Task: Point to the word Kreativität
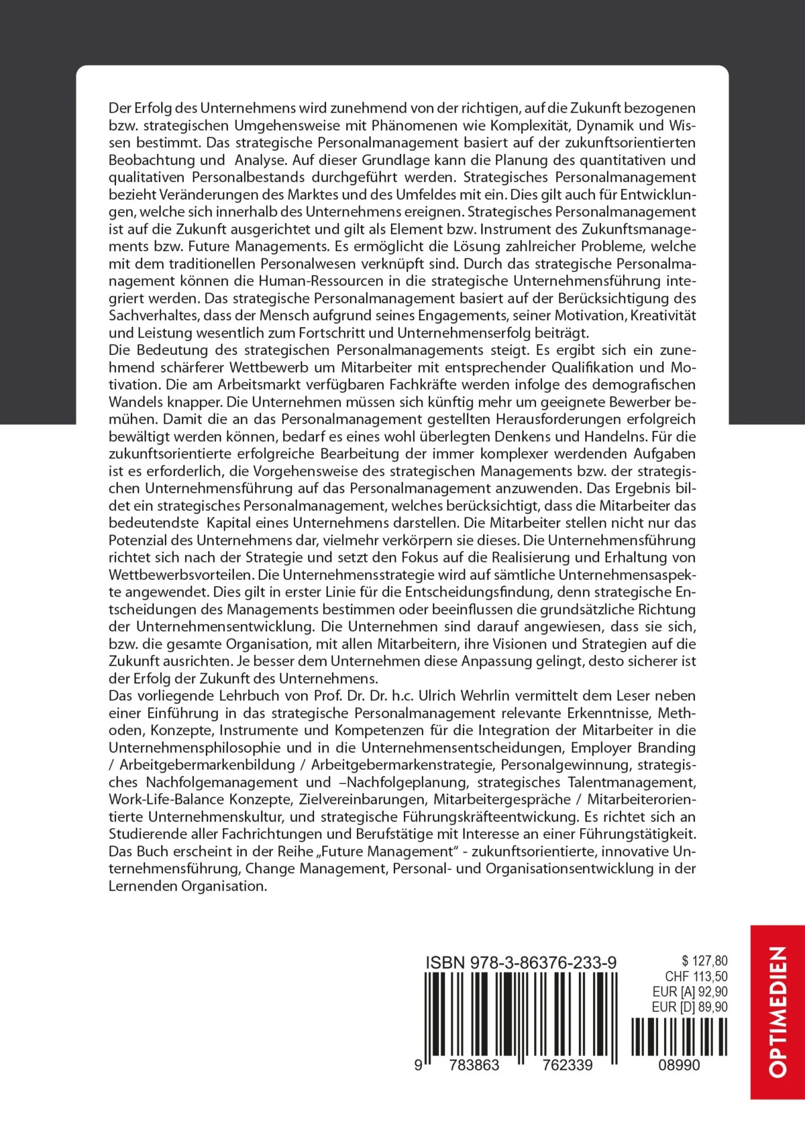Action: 663,316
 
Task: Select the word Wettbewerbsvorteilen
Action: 181,575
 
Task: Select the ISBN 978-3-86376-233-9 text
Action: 521,963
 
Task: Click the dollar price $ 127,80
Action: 704,961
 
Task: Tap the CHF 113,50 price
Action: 696,976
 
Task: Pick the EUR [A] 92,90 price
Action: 690,992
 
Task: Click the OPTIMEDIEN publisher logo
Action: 778,1011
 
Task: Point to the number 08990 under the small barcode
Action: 679,1065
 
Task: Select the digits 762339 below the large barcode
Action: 567,1065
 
